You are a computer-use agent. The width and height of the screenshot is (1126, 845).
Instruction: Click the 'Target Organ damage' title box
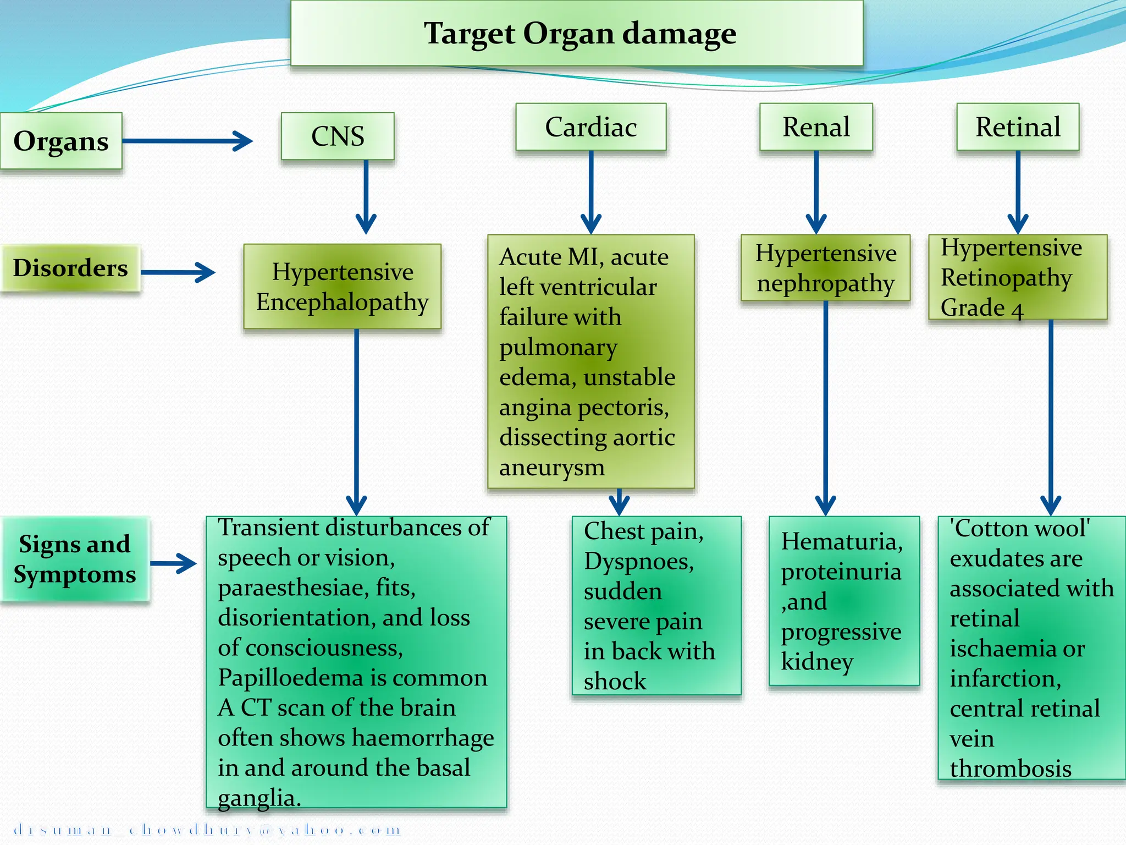577,33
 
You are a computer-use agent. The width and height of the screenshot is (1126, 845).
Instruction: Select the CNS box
338,136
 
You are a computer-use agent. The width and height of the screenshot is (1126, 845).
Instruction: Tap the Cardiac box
591,127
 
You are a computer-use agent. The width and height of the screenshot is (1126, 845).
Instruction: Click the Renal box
816,127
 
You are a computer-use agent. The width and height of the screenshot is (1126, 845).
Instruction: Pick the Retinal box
1018,127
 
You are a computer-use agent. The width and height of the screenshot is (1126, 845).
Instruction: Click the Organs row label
60,141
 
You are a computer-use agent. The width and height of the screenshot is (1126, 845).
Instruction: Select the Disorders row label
70,268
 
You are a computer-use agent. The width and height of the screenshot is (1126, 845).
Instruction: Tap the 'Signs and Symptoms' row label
75,559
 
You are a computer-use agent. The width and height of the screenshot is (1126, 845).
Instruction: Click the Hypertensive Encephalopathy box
342,287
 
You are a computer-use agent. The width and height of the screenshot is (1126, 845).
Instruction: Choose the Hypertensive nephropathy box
825,268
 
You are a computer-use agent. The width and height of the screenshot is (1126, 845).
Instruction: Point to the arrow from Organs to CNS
187,141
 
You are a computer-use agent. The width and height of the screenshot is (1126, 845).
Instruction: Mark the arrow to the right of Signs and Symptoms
173,563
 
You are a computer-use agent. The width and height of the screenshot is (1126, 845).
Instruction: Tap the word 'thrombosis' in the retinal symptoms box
1010,769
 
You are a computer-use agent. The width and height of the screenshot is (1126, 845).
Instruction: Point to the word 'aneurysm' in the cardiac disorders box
551,468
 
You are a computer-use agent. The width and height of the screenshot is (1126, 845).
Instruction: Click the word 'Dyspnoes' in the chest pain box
638,562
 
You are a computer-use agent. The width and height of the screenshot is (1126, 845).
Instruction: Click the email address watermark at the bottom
207,830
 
